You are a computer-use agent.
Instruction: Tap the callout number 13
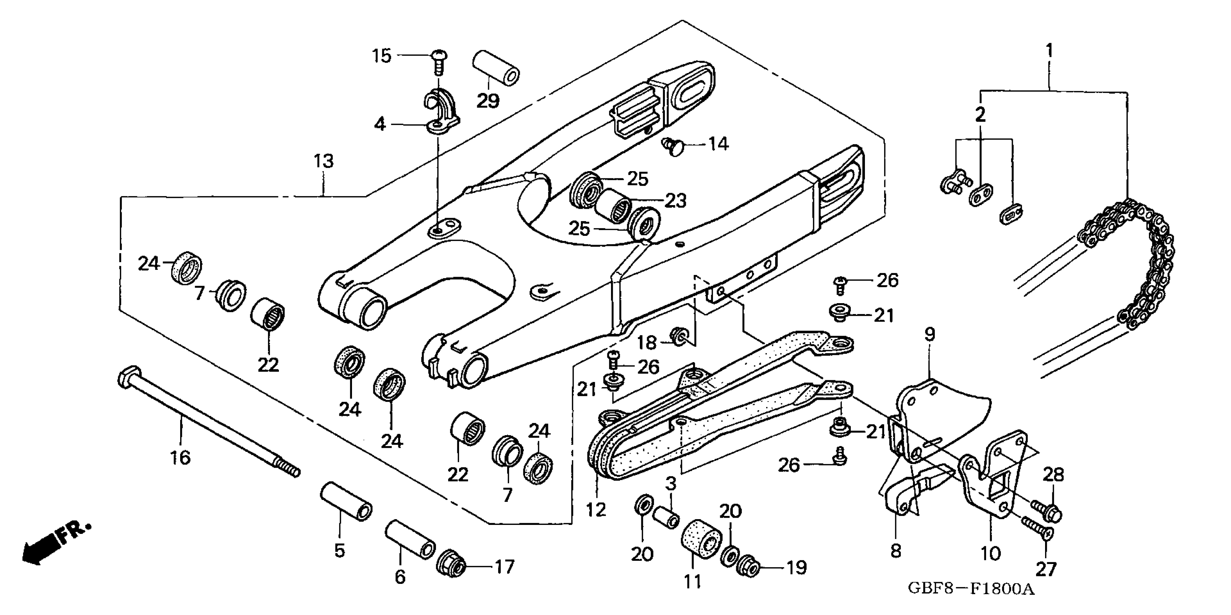[x=323, y=161]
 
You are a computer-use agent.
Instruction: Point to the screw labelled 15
[x=438, y=61]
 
